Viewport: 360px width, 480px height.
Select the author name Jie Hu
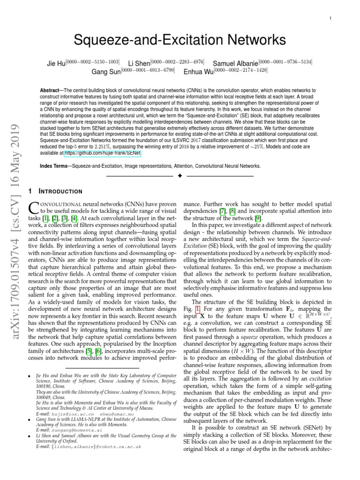[x=57, y=63]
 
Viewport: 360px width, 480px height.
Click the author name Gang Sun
[x=105, y=72]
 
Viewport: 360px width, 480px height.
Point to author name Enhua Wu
[x=196, y=72]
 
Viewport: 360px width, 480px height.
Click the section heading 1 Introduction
[x=56, y=191]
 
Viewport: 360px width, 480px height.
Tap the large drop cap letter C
[x=34, y=208]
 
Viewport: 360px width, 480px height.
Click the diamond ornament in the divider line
[x=180, y=176]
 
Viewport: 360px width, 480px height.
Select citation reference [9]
[x=258, y=218]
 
